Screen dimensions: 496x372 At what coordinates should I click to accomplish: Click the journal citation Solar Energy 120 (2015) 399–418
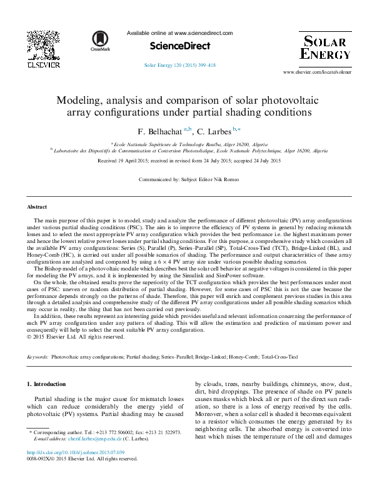click(x=179, y=65)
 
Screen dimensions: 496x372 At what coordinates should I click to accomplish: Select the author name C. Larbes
click(x=214, y=132)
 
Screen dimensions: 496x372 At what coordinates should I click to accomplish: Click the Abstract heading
click(x=37, y=206)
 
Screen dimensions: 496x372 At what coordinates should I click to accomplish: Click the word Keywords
click(x=38, y=357)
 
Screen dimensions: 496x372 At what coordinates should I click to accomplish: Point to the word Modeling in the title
click(x=82, y=100)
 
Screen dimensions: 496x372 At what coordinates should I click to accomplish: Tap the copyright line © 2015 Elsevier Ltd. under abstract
click(x=76, y=337)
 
